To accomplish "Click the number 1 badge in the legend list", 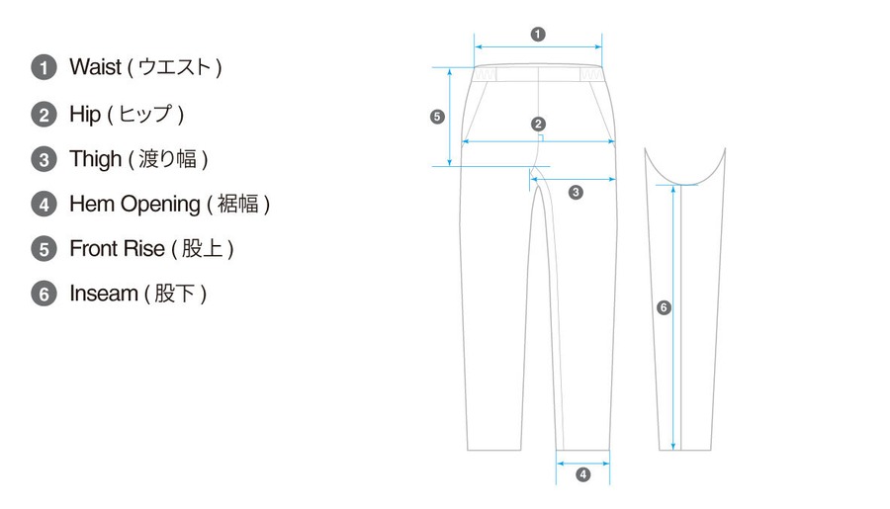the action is click(44, 68).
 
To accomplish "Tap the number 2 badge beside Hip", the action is click(44, 115).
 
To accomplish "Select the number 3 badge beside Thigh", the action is click(44, 159).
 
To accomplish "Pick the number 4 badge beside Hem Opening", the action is click(44, 205).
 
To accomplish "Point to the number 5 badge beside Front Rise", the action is click(44, 249).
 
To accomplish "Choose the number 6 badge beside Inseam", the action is click(44, 295).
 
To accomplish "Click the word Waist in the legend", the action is click(95, 67).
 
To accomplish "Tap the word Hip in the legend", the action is click(85, 114).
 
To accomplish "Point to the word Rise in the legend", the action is click(144, 249).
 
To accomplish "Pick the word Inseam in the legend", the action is click(103, 295).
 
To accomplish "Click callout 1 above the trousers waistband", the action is click(538, 33).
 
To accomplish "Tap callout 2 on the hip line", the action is click(538, 125).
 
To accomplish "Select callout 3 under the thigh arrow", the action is click(577, 192).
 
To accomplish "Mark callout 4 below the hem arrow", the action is click(582, 474).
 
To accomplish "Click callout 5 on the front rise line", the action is click(438, 117).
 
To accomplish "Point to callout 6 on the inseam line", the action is click(664, 308).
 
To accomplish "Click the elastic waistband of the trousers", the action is click(538, 75).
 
